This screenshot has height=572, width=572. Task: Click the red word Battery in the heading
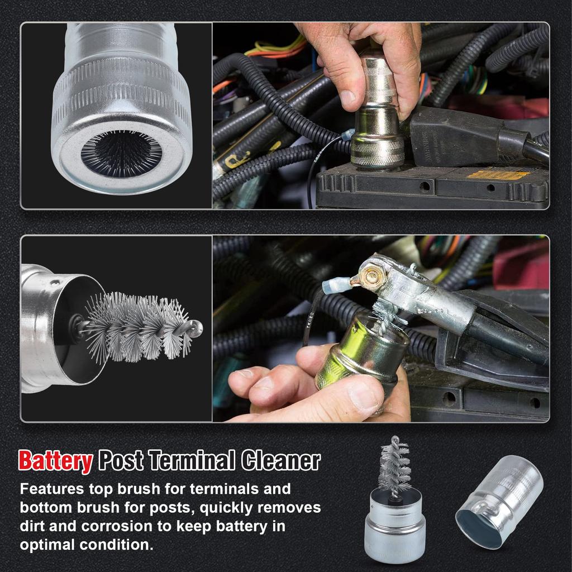(55, 461)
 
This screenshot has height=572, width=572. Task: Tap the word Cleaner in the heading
(280, 460)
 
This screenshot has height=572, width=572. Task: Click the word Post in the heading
(121, 460)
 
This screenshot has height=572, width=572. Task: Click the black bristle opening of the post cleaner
(121, 154)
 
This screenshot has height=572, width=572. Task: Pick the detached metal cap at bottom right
(499, 502)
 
